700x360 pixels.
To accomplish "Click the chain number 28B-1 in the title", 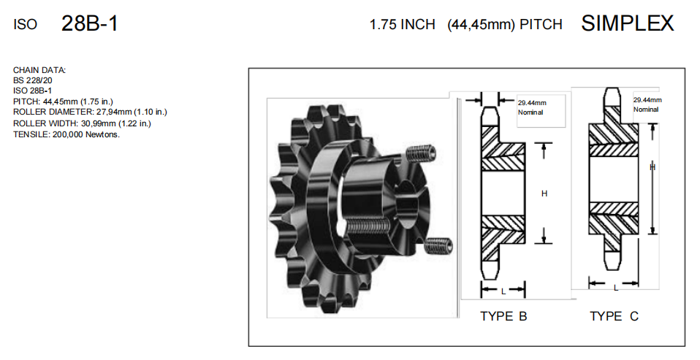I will click(x=90, y=24).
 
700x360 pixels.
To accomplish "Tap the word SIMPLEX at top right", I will click(x=627, y=23).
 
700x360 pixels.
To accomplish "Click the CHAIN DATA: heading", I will click(x=39, y=70).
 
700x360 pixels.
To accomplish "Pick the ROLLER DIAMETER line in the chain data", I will click(x=90, y=112).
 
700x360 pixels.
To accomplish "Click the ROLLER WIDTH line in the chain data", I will click(x=82, y=123).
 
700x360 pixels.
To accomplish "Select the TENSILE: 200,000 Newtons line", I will click(x=66, y=134).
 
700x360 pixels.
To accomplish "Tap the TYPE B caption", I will click(x=503, y=316).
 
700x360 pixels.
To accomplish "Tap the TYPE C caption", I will click(x=614, y=316).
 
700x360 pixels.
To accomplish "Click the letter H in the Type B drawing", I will click(x=544, y=194).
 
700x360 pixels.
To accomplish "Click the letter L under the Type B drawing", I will click(x=503, y=291).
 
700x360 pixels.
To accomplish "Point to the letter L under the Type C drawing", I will click(x=615, y=287).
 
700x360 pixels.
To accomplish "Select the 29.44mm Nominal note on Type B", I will click(x=532, y=107).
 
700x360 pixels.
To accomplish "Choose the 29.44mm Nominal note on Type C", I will click(x=647, y=104).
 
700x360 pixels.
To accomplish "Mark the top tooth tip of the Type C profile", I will click(x=611, y=92).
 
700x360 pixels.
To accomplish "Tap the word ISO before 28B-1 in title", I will click(x=25, y=25).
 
